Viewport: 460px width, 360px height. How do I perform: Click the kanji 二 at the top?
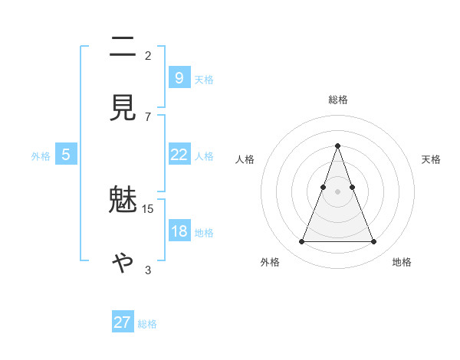tap(123, 48)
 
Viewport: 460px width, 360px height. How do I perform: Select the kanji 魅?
tap(123, 202)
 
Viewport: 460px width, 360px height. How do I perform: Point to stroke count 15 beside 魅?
tap(148, 208)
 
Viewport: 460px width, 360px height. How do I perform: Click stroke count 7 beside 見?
tap(148, 116)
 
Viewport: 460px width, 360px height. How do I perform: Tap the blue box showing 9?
tap(179, 77)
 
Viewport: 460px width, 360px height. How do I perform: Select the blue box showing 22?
tap(179, 154)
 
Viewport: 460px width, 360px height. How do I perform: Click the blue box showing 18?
tap(179, 231)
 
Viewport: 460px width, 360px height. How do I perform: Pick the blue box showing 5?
tap(66, 155)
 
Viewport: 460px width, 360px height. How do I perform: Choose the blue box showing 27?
tap(123, 322)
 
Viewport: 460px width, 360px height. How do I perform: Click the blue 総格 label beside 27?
tap(147, 324)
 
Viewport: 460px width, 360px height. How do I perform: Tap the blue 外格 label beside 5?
tap(41, 156)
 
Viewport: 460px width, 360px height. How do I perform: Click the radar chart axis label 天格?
tap(432, 159)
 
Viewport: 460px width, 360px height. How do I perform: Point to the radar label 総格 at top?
tap(338, 100)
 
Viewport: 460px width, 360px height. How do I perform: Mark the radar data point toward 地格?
tap(374, 242)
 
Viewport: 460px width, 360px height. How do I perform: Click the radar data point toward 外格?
tap(301, 242)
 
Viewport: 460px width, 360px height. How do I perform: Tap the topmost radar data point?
tap(338, 146)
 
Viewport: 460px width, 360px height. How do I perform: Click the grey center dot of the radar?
tap(338, 191)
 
